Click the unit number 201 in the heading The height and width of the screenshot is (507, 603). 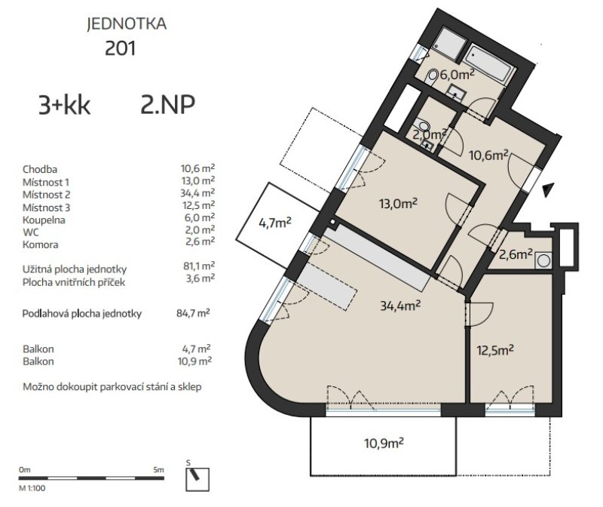coord(121,49)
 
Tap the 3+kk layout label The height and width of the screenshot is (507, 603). coord(64,105)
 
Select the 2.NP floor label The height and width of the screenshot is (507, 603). coord(167,104)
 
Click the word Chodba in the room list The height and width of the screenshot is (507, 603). coord(40,170)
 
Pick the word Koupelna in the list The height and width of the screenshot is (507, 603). coord(44,220)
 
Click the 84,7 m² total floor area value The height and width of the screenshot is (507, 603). coord(193,313)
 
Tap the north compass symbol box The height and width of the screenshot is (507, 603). coord(197,479)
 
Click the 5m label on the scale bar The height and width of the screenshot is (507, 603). coord(158,470)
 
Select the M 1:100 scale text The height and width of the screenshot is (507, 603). coord(32,489)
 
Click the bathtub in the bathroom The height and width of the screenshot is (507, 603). coord(488,66)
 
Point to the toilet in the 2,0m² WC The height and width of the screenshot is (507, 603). coord(424,125)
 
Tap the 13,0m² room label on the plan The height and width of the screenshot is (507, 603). coord(398,203)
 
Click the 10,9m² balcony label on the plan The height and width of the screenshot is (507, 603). coord(384,443)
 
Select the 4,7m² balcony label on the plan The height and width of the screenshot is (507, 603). coord(274,223)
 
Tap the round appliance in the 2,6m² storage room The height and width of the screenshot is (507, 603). coord(543,260)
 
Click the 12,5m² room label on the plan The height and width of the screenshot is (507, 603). coord(495,350)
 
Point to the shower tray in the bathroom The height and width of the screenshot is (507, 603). coord(448,44)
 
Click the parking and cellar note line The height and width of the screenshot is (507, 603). coord(112,387)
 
